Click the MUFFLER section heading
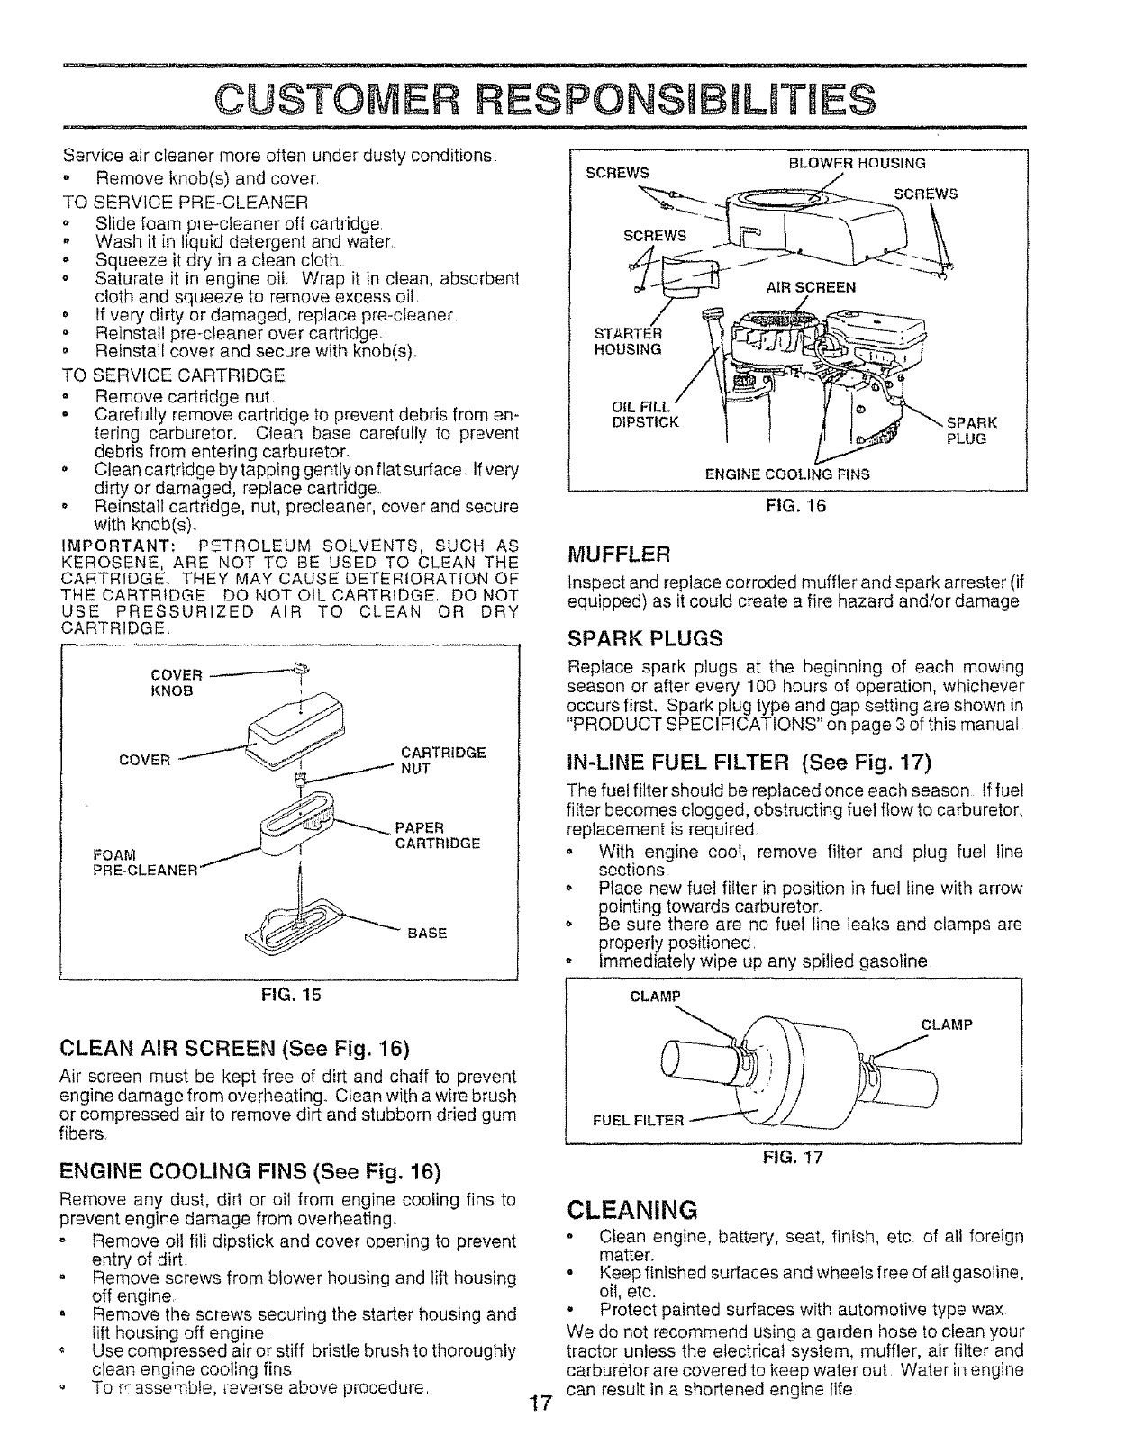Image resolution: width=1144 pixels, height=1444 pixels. tap(620, 551)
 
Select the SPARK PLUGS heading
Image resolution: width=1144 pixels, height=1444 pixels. tap(645, 639)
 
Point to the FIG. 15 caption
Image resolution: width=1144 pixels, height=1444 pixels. tap(290, 995)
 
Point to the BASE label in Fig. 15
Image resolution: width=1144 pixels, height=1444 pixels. tap(427, 933)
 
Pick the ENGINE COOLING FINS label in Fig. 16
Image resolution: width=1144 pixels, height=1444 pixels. tap(787, 474)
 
